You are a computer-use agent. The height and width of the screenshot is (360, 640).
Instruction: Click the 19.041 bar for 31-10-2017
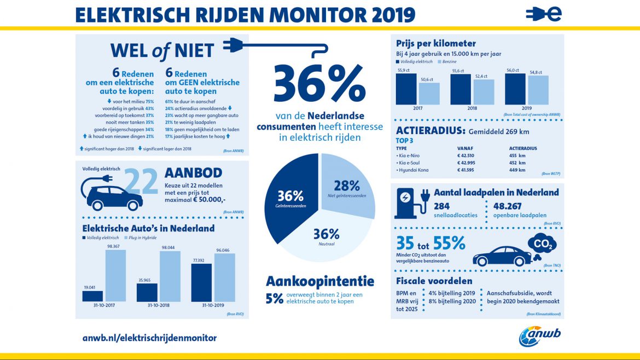pos(92,296)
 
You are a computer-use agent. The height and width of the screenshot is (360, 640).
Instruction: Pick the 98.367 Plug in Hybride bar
pos(115,275)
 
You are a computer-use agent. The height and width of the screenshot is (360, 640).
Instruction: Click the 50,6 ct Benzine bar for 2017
pos(429,93)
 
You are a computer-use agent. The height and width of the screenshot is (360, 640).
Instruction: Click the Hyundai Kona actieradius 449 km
pos(517,170)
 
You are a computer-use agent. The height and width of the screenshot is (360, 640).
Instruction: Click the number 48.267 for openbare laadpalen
pos(509,206)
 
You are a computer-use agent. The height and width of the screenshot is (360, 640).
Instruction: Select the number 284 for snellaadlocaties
pos(442,206)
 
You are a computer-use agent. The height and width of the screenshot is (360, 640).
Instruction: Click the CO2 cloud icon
pos(543,244)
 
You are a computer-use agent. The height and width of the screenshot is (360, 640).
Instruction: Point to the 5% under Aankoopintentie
pos(275,298)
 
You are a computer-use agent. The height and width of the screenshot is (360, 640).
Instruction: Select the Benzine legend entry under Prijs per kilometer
pos(445,62)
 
